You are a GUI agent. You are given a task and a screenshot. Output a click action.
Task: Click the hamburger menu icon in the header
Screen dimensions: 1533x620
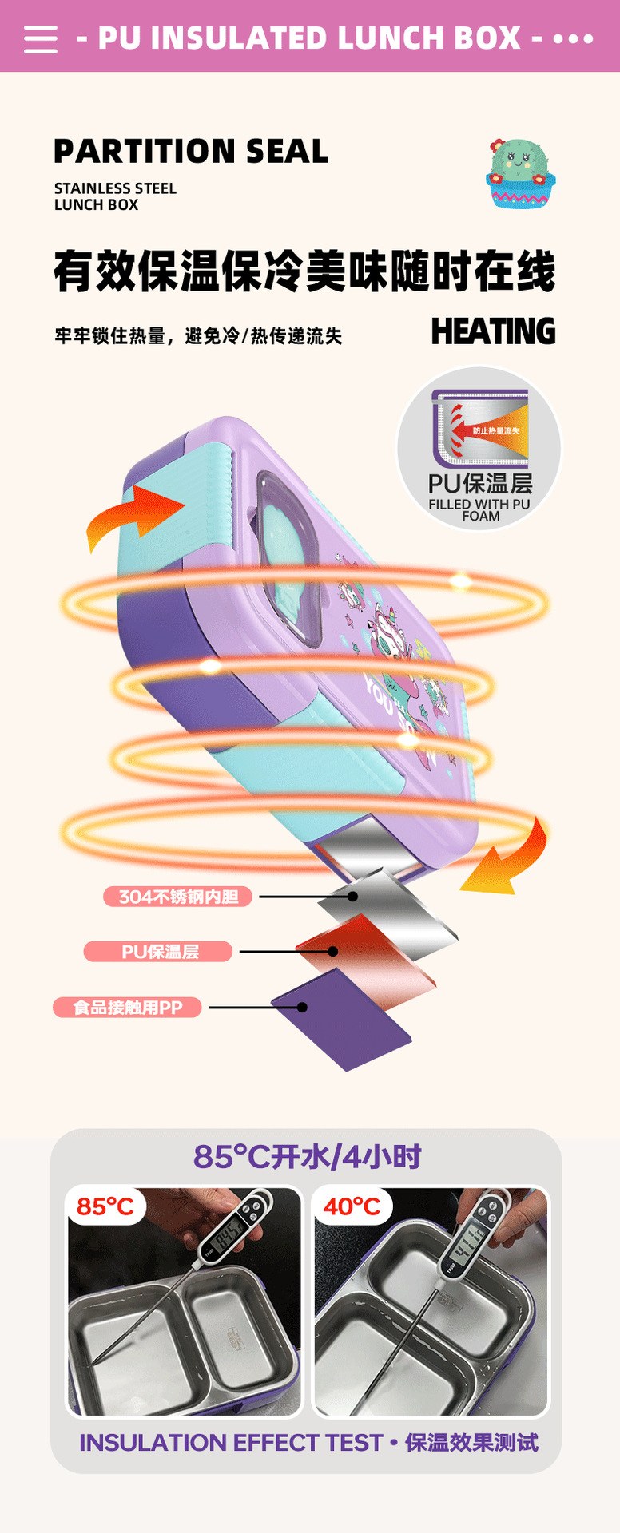click(x=41, y=38)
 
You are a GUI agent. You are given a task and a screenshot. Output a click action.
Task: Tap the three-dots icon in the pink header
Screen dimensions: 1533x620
click(x=573, y=38)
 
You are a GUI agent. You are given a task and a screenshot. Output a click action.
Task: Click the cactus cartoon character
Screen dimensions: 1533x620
click(x=520, y=172)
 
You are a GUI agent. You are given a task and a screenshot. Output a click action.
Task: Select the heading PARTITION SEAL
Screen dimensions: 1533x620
click(x=191, y=151)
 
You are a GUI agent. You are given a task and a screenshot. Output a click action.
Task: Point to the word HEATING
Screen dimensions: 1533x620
click(x=493, y=332)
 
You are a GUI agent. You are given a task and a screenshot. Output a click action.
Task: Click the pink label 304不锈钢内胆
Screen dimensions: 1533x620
click(x=177, y=897)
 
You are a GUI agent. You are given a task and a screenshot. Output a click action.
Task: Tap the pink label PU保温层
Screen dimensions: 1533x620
click(x=158, y=952)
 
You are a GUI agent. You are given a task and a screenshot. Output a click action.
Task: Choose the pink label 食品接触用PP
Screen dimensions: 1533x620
click(x=127, y=1008)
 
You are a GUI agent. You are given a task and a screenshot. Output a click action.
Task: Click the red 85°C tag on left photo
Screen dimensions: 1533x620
click(x=105, y=1206)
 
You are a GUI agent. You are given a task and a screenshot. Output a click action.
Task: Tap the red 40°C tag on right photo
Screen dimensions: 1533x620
click(x=352, y=1206)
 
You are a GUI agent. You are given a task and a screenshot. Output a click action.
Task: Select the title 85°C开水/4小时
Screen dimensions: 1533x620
click(x=307, y=1157)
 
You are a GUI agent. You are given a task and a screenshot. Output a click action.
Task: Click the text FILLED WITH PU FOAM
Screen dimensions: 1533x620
click(x=479, y=510)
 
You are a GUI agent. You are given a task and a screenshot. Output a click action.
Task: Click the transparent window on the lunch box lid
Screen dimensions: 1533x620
click(x=288, y=551)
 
